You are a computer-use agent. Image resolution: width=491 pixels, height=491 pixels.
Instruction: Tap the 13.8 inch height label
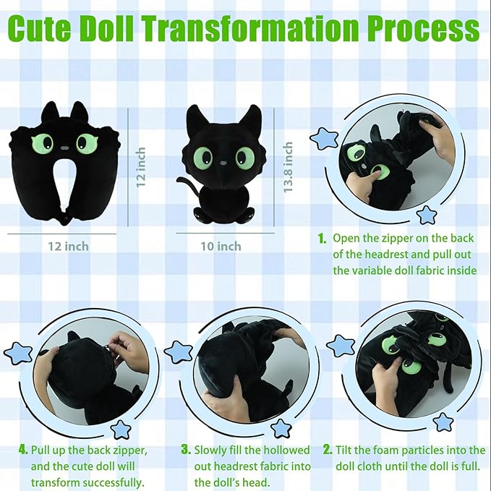point(288,167)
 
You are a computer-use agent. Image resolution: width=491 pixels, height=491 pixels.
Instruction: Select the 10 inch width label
point(220,246)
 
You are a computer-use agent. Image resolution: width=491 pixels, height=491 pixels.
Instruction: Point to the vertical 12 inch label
point(140,167)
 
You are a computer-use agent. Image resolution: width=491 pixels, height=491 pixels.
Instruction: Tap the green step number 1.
point(322,238)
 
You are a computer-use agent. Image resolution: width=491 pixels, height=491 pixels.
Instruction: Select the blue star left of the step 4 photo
point(17,353)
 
